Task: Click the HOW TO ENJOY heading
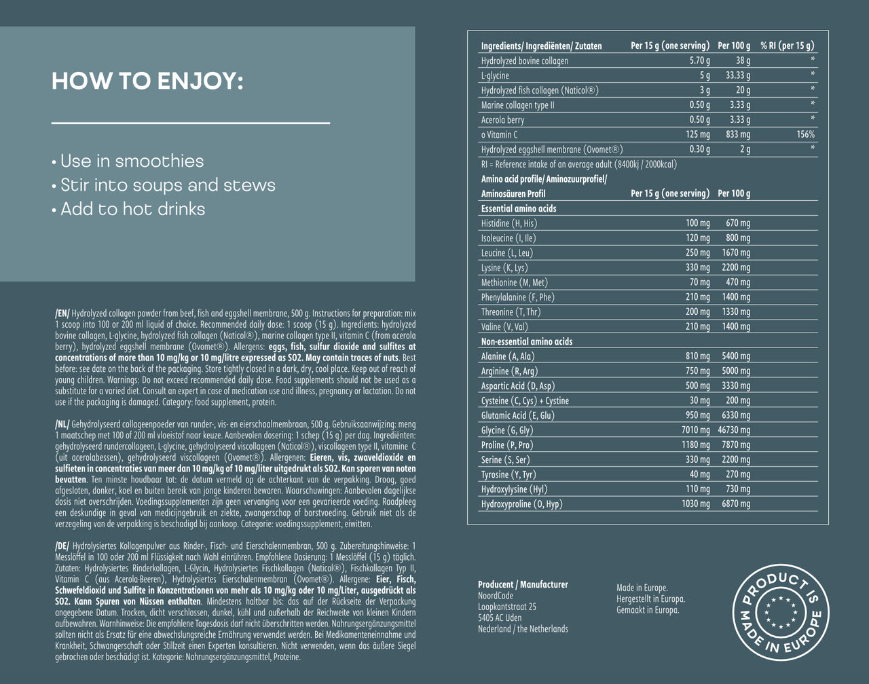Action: pos(147,81)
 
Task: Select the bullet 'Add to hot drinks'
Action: pos(128,209)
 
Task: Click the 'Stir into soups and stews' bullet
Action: pos(163,185)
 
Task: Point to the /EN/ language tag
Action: pos(62,313)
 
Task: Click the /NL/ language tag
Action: pos(62,423)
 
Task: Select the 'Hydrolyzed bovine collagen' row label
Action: pos(524,61)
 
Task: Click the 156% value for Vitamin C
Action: pos(805,135)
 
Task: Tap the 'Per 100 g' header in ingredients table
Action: pos(734,46)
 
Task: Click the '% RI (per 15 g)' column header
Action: pos(787,46)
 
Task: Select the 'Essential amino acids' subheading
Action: pos(518,208)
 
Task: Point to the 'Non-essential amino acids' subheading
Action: pos(526,341)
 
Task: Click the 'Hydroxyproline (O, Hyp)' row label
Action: pos(521,504)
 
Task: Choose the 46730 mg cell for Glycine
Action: pos(734,430)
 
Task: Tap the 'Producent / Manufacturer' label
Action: pos(523,584)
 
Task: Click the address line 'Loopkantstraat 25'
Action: pos(506,607)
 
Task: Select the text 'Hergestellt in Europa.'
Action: pos(650,599)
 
